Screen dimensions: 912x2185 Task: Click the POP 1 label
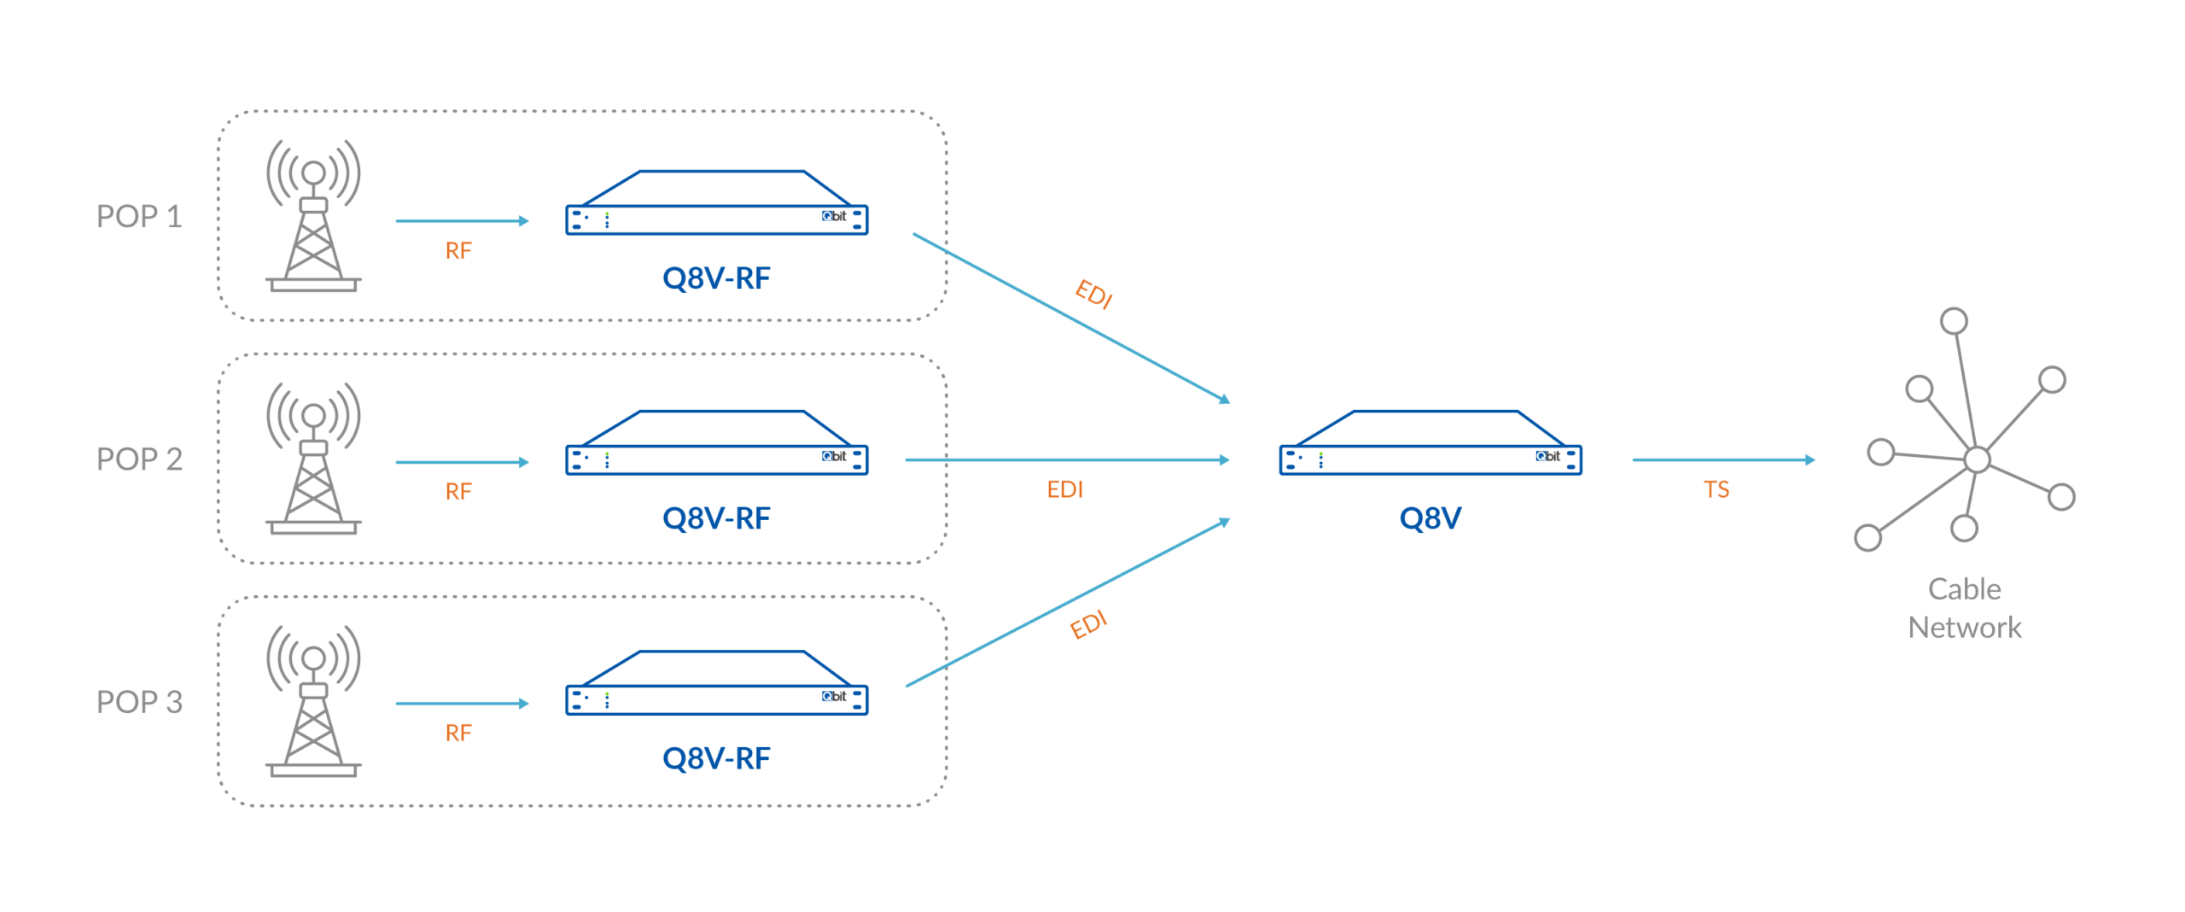(139, 217)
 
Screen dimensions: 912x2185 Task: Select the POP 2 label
(139, 459)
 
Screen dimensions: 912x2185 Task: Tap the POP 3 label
(139, 702)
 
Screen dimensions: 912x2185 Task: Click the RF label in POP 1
(458, 250)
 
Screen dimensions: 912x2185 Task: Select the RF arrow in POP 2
(462, 462)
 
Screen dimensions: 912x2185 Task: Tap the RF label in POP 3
(458, 733)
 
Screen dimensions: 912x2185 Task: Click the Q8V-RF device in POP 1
(717, 205)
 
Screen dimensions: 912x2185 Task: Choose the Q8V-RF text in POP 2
(716, 518)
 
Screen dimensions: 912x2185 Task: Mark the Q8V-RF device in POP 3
(717, 685)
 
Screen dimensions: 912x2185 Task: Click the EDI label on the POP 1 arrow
(1093, 295)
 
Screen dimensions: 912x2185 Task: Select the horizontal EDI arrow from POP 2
(1067, 459)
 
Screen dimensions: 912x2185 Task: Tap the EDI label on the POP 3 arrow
(1088, 625)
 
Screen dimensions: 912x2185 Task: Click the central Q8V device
(1430, 445)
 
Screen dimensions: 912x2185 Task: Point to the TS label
(1716, 489)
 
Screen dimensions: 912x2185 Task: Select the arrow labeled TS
(1723, 459)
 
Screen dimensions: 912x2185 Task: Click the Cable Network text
(1965, 608)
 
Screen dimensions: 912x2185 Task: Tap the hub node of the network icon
(1978, 459)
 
